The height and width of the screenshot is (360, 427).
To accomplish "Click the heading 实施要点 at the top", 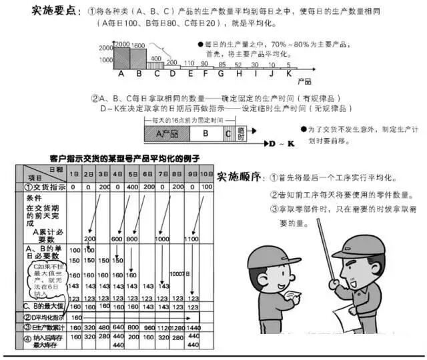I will [55, 13].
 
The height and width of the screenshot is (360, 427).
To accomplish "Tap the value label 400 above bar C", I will [155, 58].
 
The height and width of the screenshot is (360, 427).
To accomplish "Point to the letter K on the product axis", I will [289, 73].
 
